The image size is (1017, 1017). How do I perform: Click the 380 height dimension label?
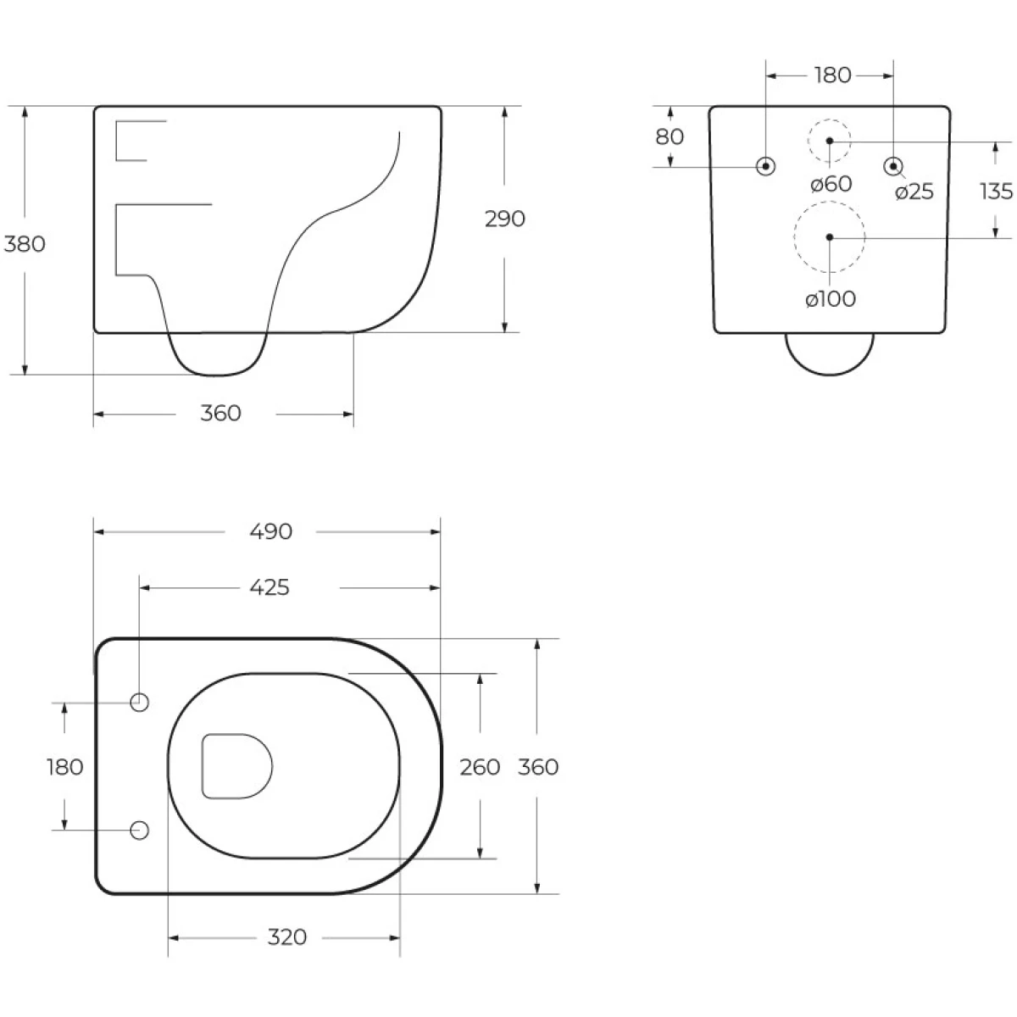click(x=25, y=244)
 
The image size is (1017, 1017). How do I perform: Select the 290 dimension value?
click(x=504, y=219)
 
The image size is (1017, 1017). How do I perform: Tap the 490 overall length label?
click(x=270, y=531)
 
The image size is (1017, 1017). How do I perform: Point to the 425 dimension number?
click(x=270, y=587)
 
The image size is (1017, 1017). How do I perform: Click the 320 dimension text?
click(x=286, y=936)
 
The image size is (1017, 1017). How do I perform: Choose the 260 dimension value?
click(x=479, y=767)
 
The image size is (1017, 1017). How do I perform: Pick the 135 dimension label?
click(x=997, y=191)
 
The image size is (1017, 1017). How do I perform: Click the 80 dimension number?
click(x=670, y=136)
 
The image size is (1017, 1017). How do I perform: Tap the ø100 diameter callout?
click(x=831, y=299)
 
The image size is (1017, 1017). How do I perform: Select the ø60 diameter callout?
click(x=831, y=184)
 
